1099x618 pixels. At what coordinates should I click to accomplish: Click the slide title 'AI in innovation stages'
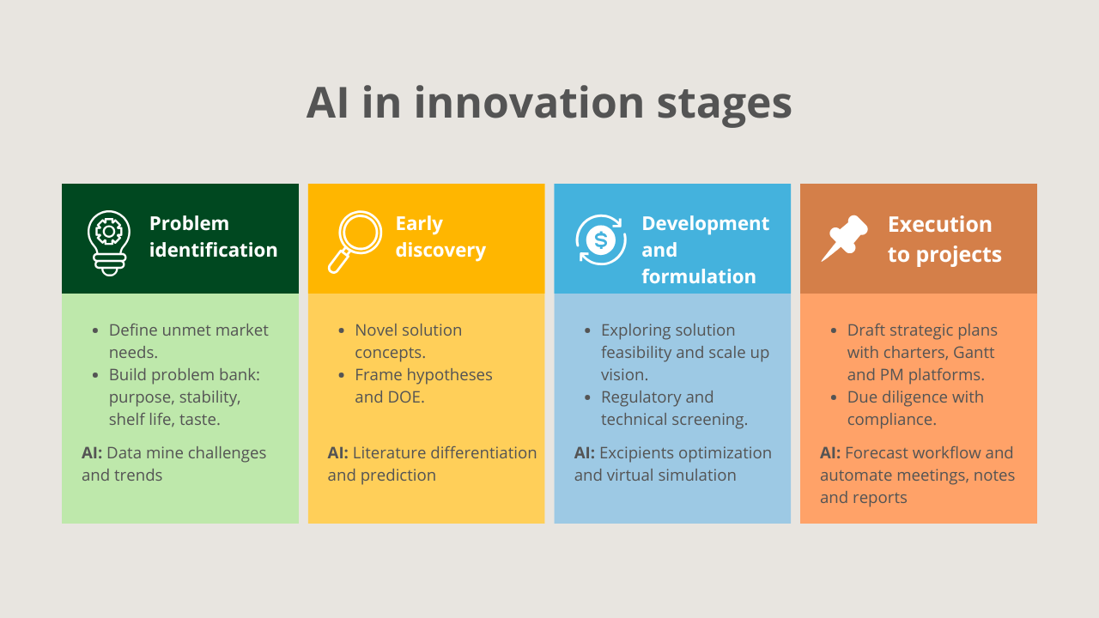point(549,102)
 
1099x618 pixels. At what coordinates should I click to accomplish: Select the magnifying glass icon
point(354,241)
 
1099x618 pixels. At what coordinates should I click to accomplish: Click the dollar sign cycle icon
point(600,240)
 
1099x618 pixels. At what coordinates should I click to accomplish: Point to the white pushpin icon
point(845,239)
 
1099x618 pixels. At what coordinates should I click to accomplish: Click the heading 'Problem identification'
point(213,237)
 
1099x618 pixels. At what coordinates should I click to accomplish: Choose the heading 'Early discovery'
point(440,237)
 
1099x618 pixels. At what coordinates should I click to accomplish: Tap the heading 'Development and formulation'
point(704,250)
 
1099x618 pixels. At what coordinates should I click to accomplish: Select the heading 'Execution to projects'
point(944,239)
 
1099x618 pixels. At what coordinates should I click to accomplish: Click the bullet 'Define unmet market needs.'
point(188,341)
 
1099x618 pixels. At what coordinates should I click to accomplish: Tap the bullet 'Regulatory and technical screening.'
point(673,408)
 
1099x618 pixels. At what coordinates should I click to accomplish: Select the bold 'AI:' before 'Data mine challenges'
point(92,453)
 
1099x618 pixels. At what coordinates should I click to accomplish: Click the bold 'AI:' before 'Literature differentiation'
point(337,453)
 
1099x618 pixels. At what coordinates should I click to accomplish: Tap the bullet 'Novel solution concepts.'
point(408,341)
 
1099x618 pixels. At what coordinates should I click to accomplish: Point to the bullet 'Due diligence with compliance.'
point(914,408)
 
